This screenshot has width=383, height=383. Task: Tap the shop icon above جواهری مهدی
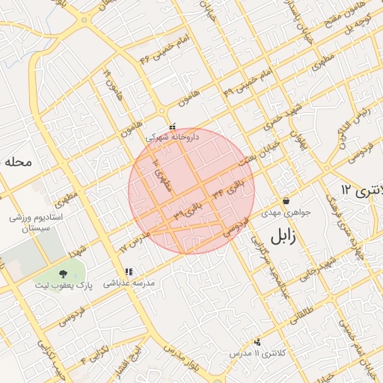tap(287, 200)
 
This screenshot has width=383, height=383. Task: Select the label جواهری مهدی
tap(287, 212)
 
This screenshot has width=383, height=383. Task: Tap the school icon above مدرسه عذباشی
tap(129, 272)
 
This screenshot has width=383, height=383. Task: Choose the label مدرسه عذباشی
tap(129, 284)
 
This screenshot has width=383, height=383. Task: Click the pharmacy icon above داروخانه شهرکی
tap(173, 126)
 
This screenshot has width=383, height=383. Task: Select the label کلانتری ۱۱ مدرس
tap(255, 352)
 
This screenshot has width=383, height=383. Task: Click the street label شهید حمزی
tap(267, 123)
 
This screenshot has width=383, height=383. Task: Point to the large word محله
tap(16, 161)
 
